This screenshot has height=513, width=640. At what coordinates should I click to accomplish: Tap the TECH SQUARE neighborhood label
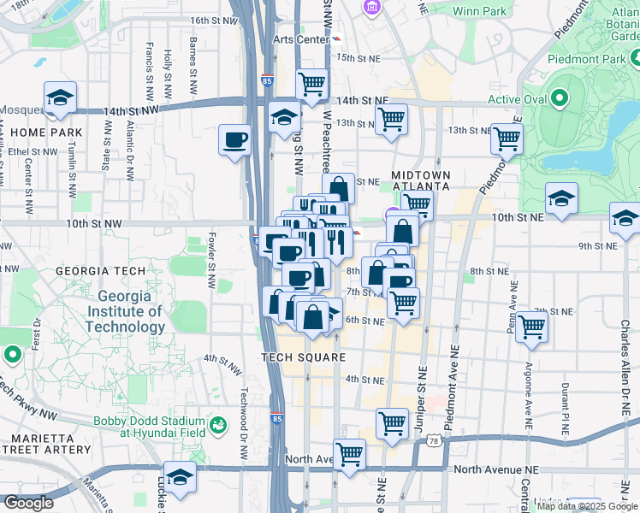[304, 357]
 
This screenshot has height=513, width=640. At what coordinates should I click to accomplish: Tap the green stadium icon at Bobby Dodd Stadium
[219, 423]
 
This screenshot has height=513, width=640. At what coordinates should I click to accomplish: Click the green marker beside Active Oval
[560, 99]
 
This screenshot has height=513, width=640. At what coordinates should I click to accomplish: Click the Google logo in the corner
[28, 504]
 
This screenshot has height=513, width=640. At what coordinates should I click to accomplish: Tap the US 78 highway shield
[435, 440]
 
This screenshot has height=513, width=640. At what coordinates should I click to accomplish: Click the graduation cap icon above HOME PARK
[60, 97]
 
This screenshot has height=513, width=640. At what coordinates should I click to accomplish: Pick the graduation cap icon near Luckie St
[180, 477]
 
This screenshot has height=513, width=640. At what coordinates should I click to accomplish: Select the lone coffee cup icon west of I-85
[234, 139]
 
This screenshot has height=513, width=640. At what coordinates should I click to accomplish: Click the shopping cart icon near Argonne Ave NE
[532, 326]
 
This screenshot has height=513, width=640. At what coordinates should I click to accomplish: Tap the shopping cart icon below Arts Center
[312, 84]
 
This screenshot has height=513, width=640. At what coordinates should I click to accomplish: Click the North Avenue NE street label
[496, 470]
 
